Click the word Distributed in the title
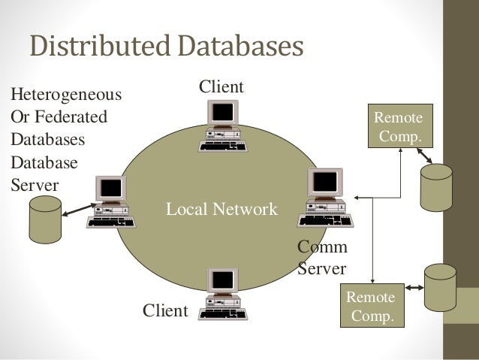point(93,47)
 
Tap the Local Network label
point(221,209)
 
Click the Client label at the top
point(221,88)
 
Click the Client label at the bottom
point(164,310)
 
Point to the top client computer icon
point(221,126)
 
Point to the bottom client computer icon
point(221,294)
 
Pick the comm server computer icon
point(322,200)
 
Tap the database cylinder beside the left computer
point(44,219)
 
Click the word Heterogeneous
point(65,95)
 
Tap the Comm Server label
point(322,258)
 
